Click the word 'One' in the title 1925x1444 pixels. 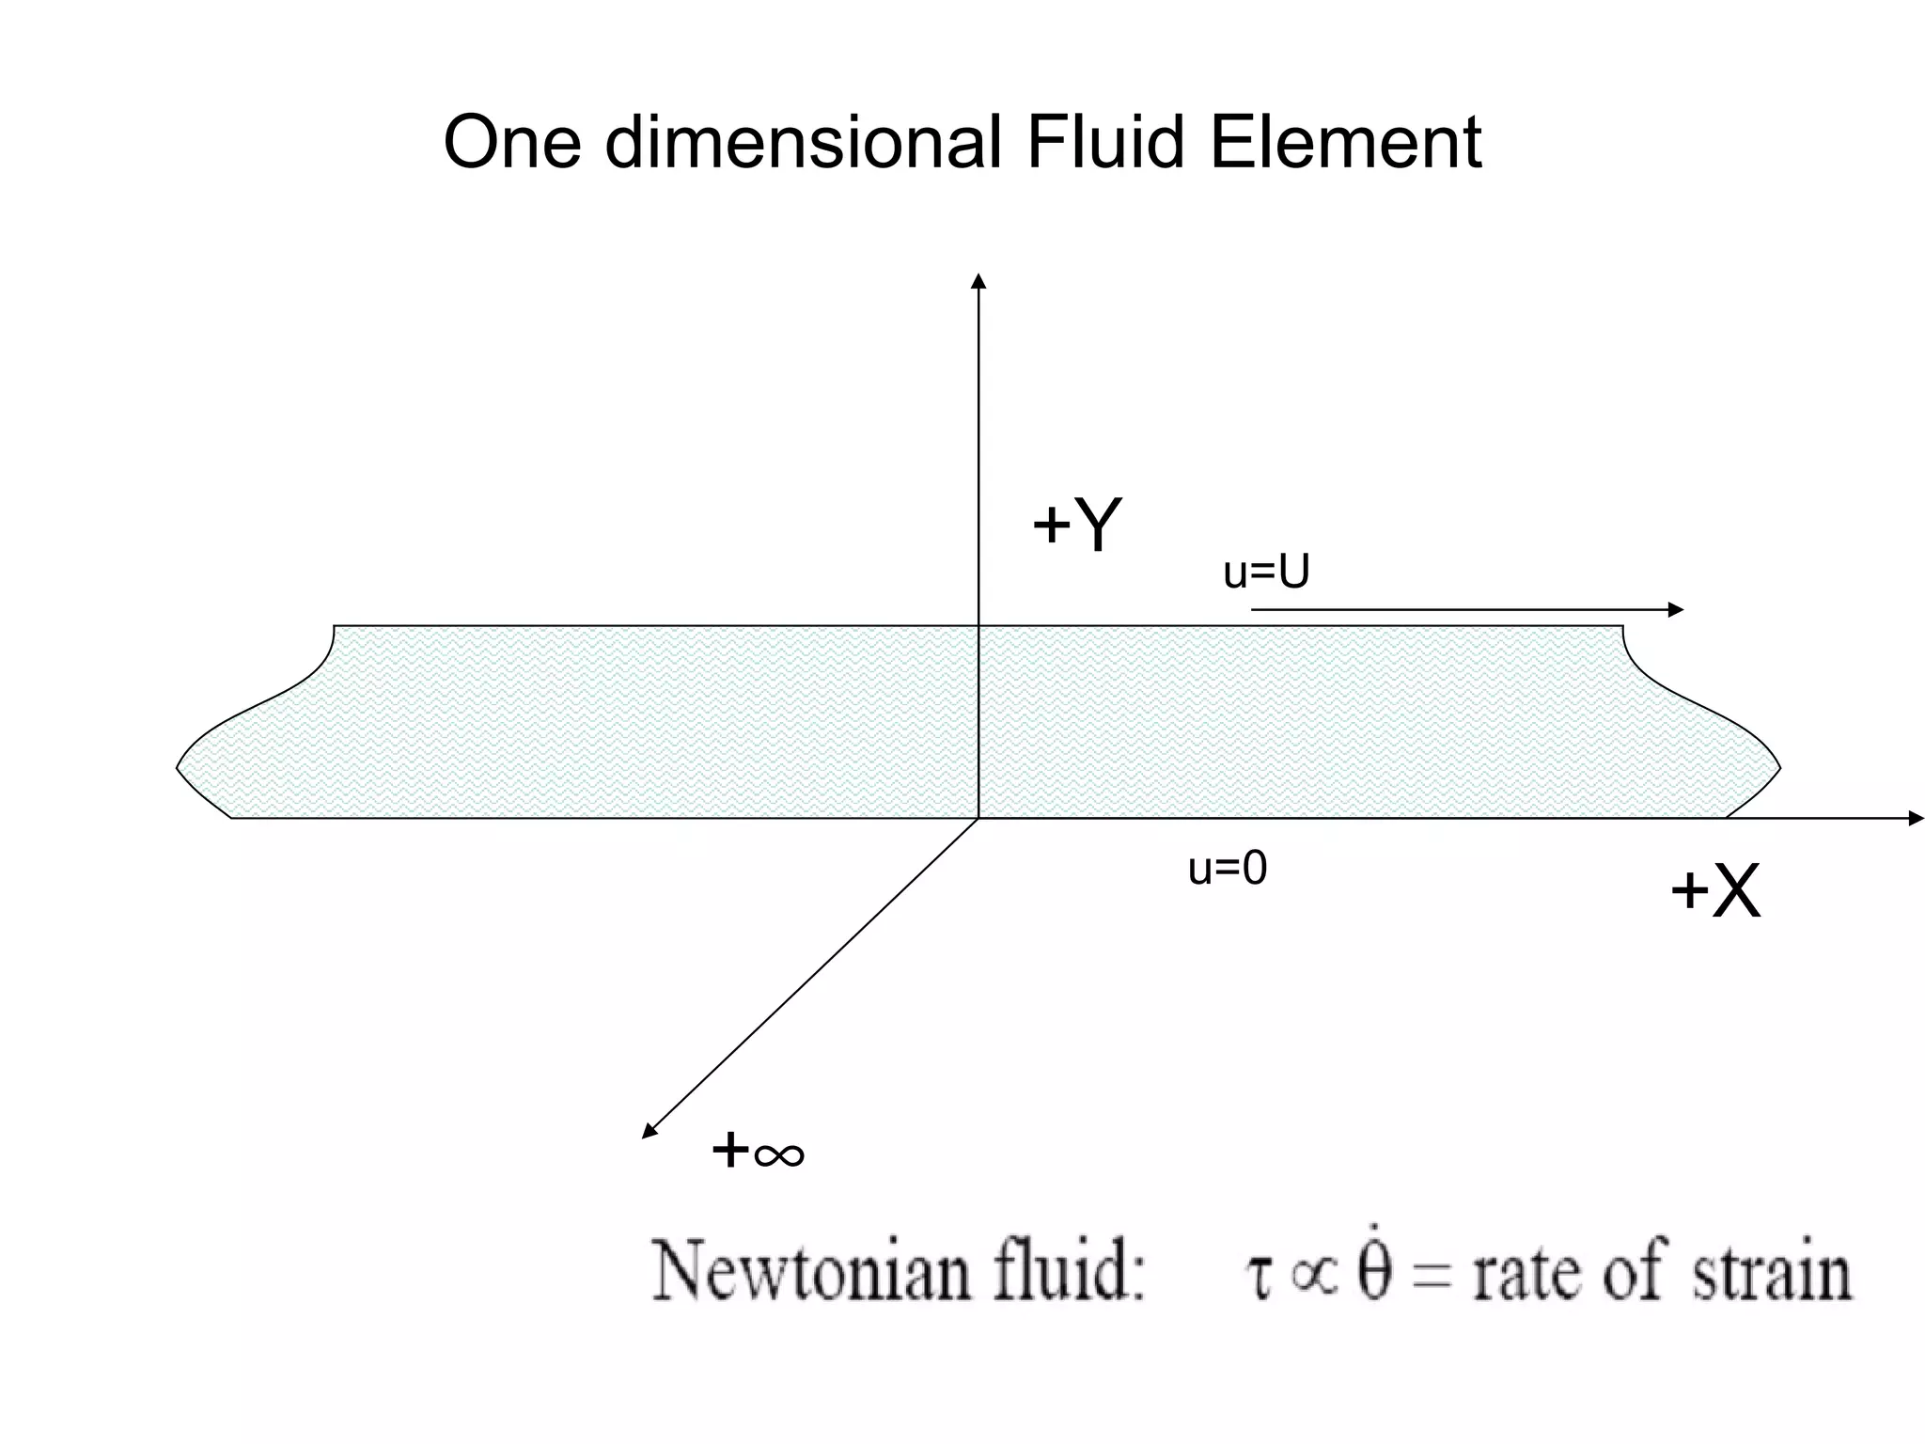(512, 143)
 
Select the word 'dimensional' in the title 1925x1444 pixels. (804, 143)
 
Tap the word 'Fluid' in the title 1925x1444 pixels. (1105, 143)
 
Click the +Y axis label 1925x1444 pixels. (1076, 525)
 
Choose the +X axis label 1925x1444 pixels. (1714, 891)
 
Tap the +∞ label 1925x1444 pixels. (758, 1151)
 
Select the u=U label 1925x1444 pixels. (1266, 572)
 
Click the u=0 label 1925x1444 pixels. (1228, 869)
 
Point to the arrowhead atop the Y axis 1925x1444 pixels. (978, 281)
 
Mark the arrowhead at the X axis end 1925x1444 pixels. (1917, 819)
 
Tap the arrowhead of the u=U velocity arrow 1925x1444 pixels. (1675, 610)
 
